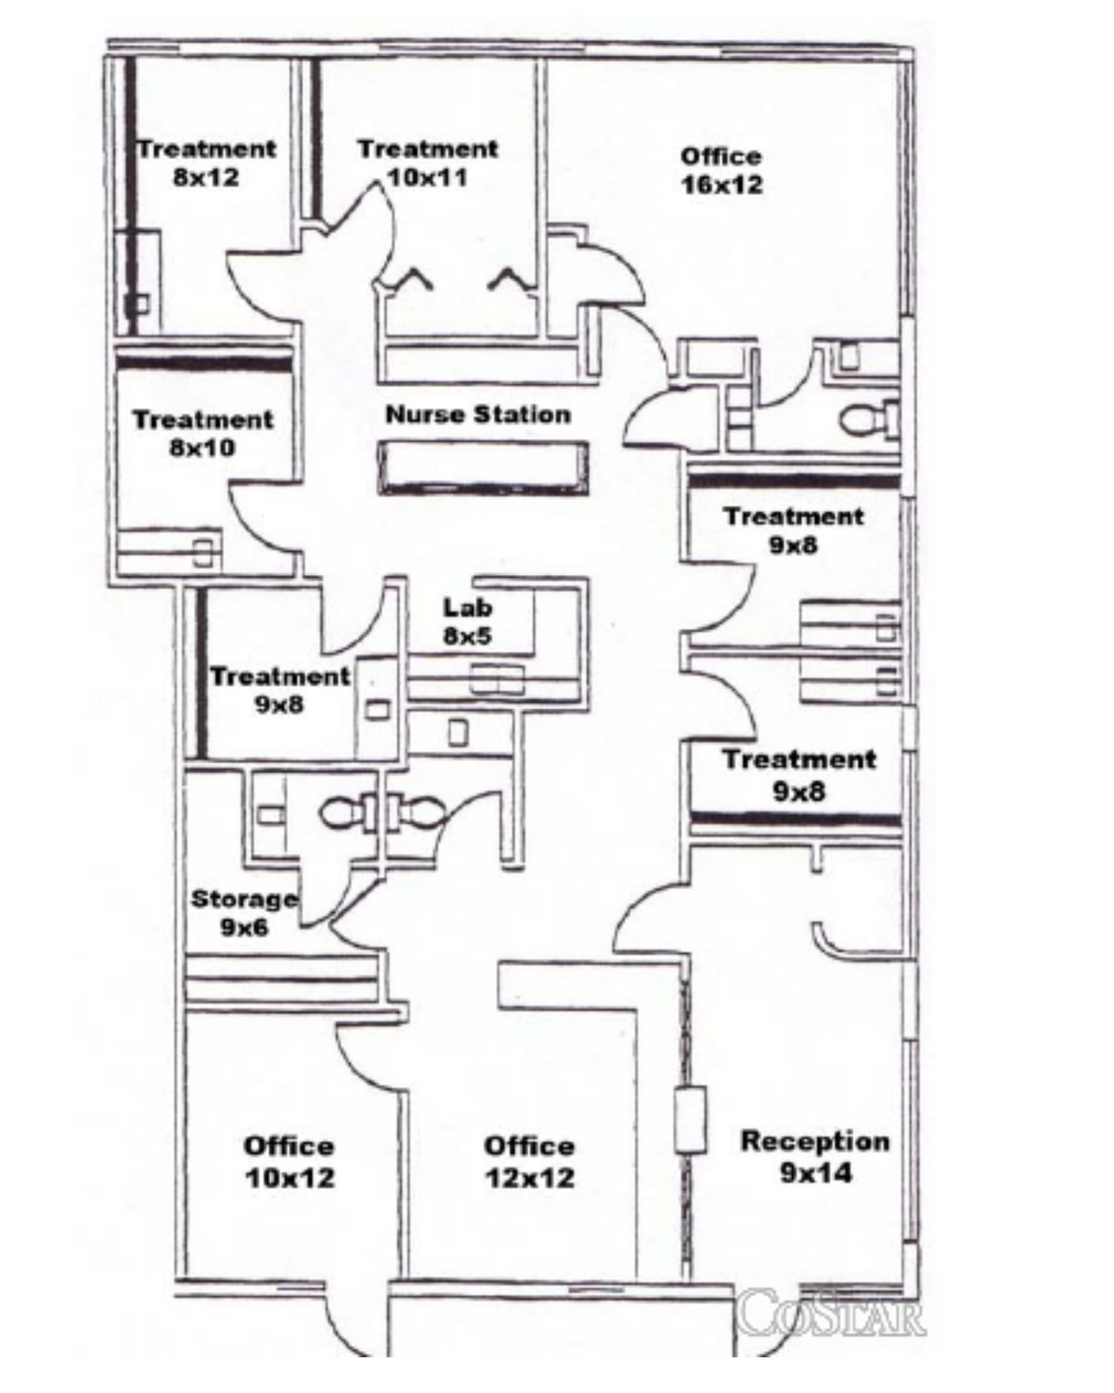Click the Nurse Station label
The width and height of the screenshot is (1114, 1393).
click(478, 415)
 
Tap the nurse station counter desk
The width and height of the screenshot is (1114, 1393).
click(484, 468)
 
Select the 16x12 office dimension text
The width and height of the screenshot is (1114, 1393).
click(721, 185)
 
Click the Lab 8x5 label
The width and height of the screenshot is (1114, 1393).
click(467, 621)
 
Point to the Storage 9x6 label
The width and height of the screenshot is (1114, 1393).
click(244, 913)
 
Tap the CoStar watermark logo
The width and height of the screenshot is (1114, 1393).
click(831, 1311)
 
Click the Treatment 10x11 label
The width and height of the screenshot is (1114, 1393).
click(429, 163)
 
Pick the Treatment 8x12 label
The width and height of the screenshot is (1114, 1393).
click(206, 163)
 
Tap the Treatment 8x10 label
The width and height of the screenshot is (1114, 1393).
click(203, 434)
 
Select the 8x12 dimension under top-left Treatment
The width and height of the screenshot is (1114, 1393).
click(206, 176)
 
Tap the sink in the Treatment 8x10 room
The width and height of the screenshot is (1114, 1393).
click(203, 554)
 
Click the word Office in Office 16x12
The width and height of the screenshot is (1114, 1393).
click(721, 157)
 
